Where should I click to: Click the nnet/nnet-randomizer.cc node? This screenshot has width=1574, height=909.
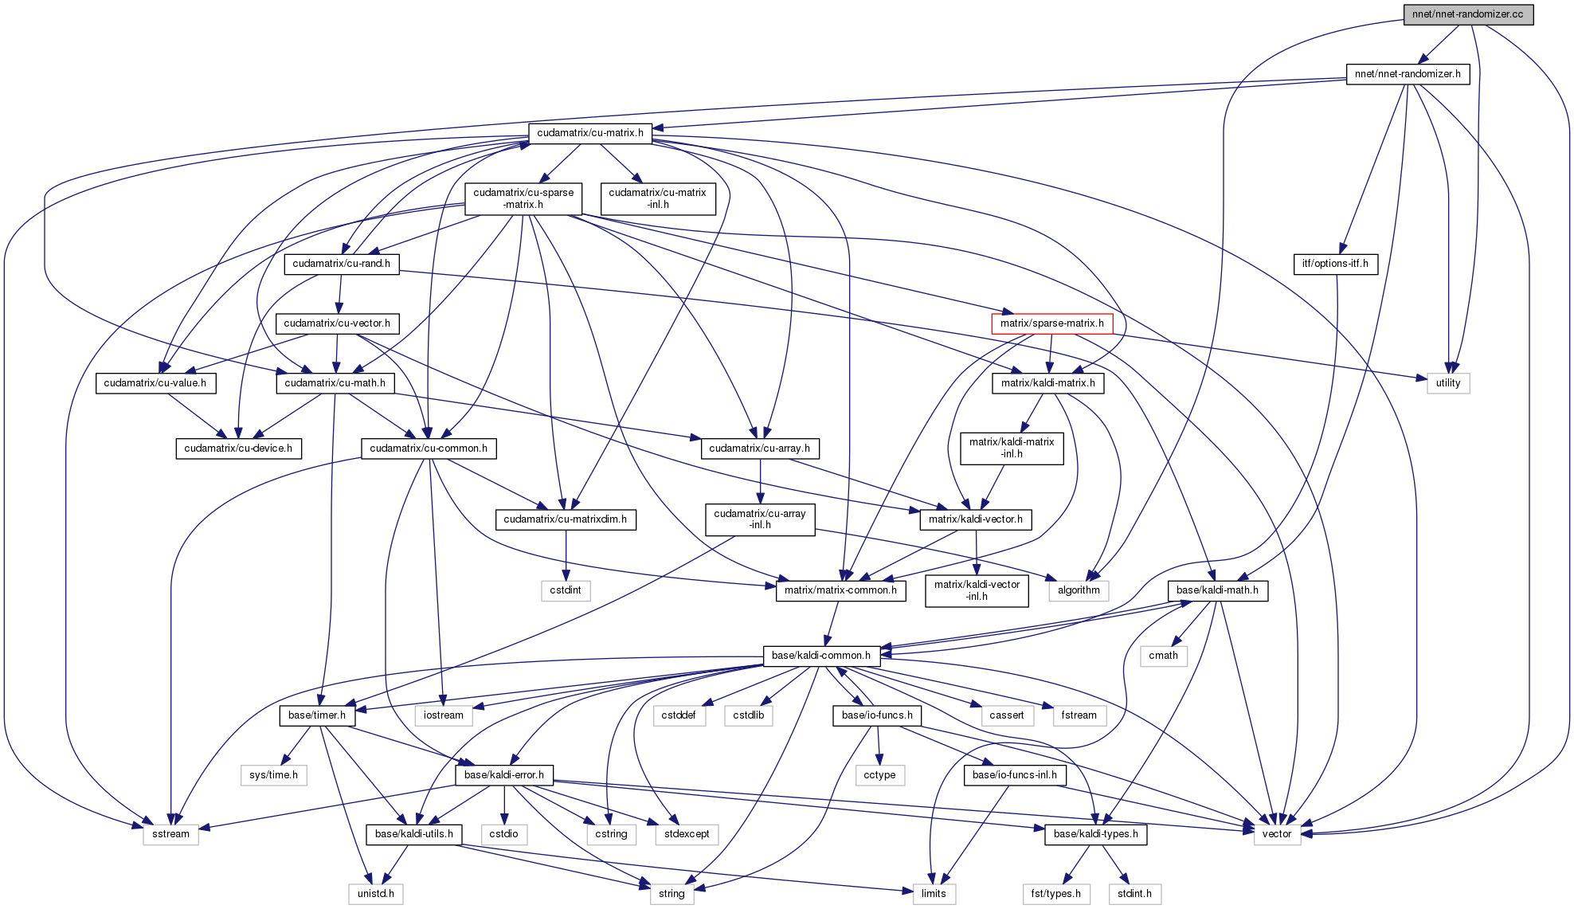click(1467, 14)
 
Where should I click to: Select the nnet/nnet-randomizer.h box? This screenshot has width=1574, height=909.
click(1408, 74)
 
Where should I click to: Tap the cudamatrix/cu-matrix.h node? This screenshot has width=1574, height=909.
click(590, 133)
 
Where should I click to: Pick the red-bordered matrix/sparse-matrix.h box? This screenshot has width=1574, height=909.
click(1051, 323)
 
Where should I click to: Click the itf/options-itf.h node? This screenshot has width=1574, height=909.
click(1335, 264)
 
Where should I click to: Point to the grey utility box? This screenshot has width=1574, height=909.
click(1447, 383)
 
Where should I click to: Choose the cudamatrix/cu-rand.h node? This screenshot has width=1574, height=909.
click(341, 264)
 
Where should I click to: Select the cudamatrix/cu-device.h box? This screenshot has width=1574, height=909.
click(238, 449)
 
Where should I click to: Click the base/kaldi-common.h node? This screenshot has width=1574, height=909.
click(821, 656)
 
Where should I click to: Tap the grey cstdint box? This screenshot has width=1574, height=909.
click(566, 590)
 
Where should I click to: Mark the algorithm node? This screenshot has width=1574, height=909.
click(1079, 590)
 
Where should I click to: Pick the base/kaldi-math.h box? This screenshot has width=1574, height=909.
click(1217, 590)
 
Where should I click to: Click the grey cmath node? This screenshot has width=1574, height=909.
click(1163, 656)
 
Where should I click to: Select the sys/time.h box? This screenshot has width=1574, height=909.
click(273, 774)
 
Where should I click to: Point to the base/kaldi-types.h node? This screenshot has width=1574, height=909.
click(1095, 834)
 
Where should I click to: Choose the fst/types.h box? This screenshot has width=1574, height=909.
click(1055, 894)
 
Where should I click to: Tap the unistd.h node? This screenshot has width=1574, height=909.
click(375, 894)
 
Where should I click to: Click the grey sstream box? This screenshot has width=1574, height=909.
click(170, 834)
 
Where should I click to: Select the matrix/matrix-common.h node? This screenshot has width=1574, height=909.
click(840, 590)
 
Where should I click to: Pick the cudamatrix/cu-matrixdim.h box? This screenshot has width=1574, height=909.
click(565, 519)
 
